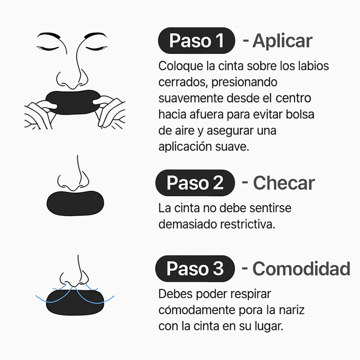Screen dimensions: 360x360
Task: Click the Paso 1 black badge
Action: (x=196, y=40)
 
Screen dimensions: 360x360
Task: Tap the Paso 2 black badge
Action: (x=195, y=183)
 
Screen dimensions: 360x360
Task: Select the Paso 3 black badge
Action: (x=195, y=269)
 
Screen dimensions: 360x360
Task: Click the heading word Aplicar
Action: (x=282, y=41)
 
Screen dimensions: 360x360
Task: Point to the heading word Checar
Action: (x=283, y=183)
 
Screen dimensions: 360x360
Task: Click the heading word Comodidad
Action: (x=301, y=269)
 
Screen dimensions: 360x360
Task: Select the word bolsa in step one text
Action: (x=299, y=115)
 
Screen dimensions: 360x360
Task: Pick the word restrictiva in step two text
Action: (x=247, y=224)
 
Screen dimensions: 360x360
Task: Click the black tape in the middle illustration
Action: (x=75, y=203)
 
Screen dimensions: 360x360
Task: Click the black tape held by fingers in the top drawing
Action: (x=74, y=102)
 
